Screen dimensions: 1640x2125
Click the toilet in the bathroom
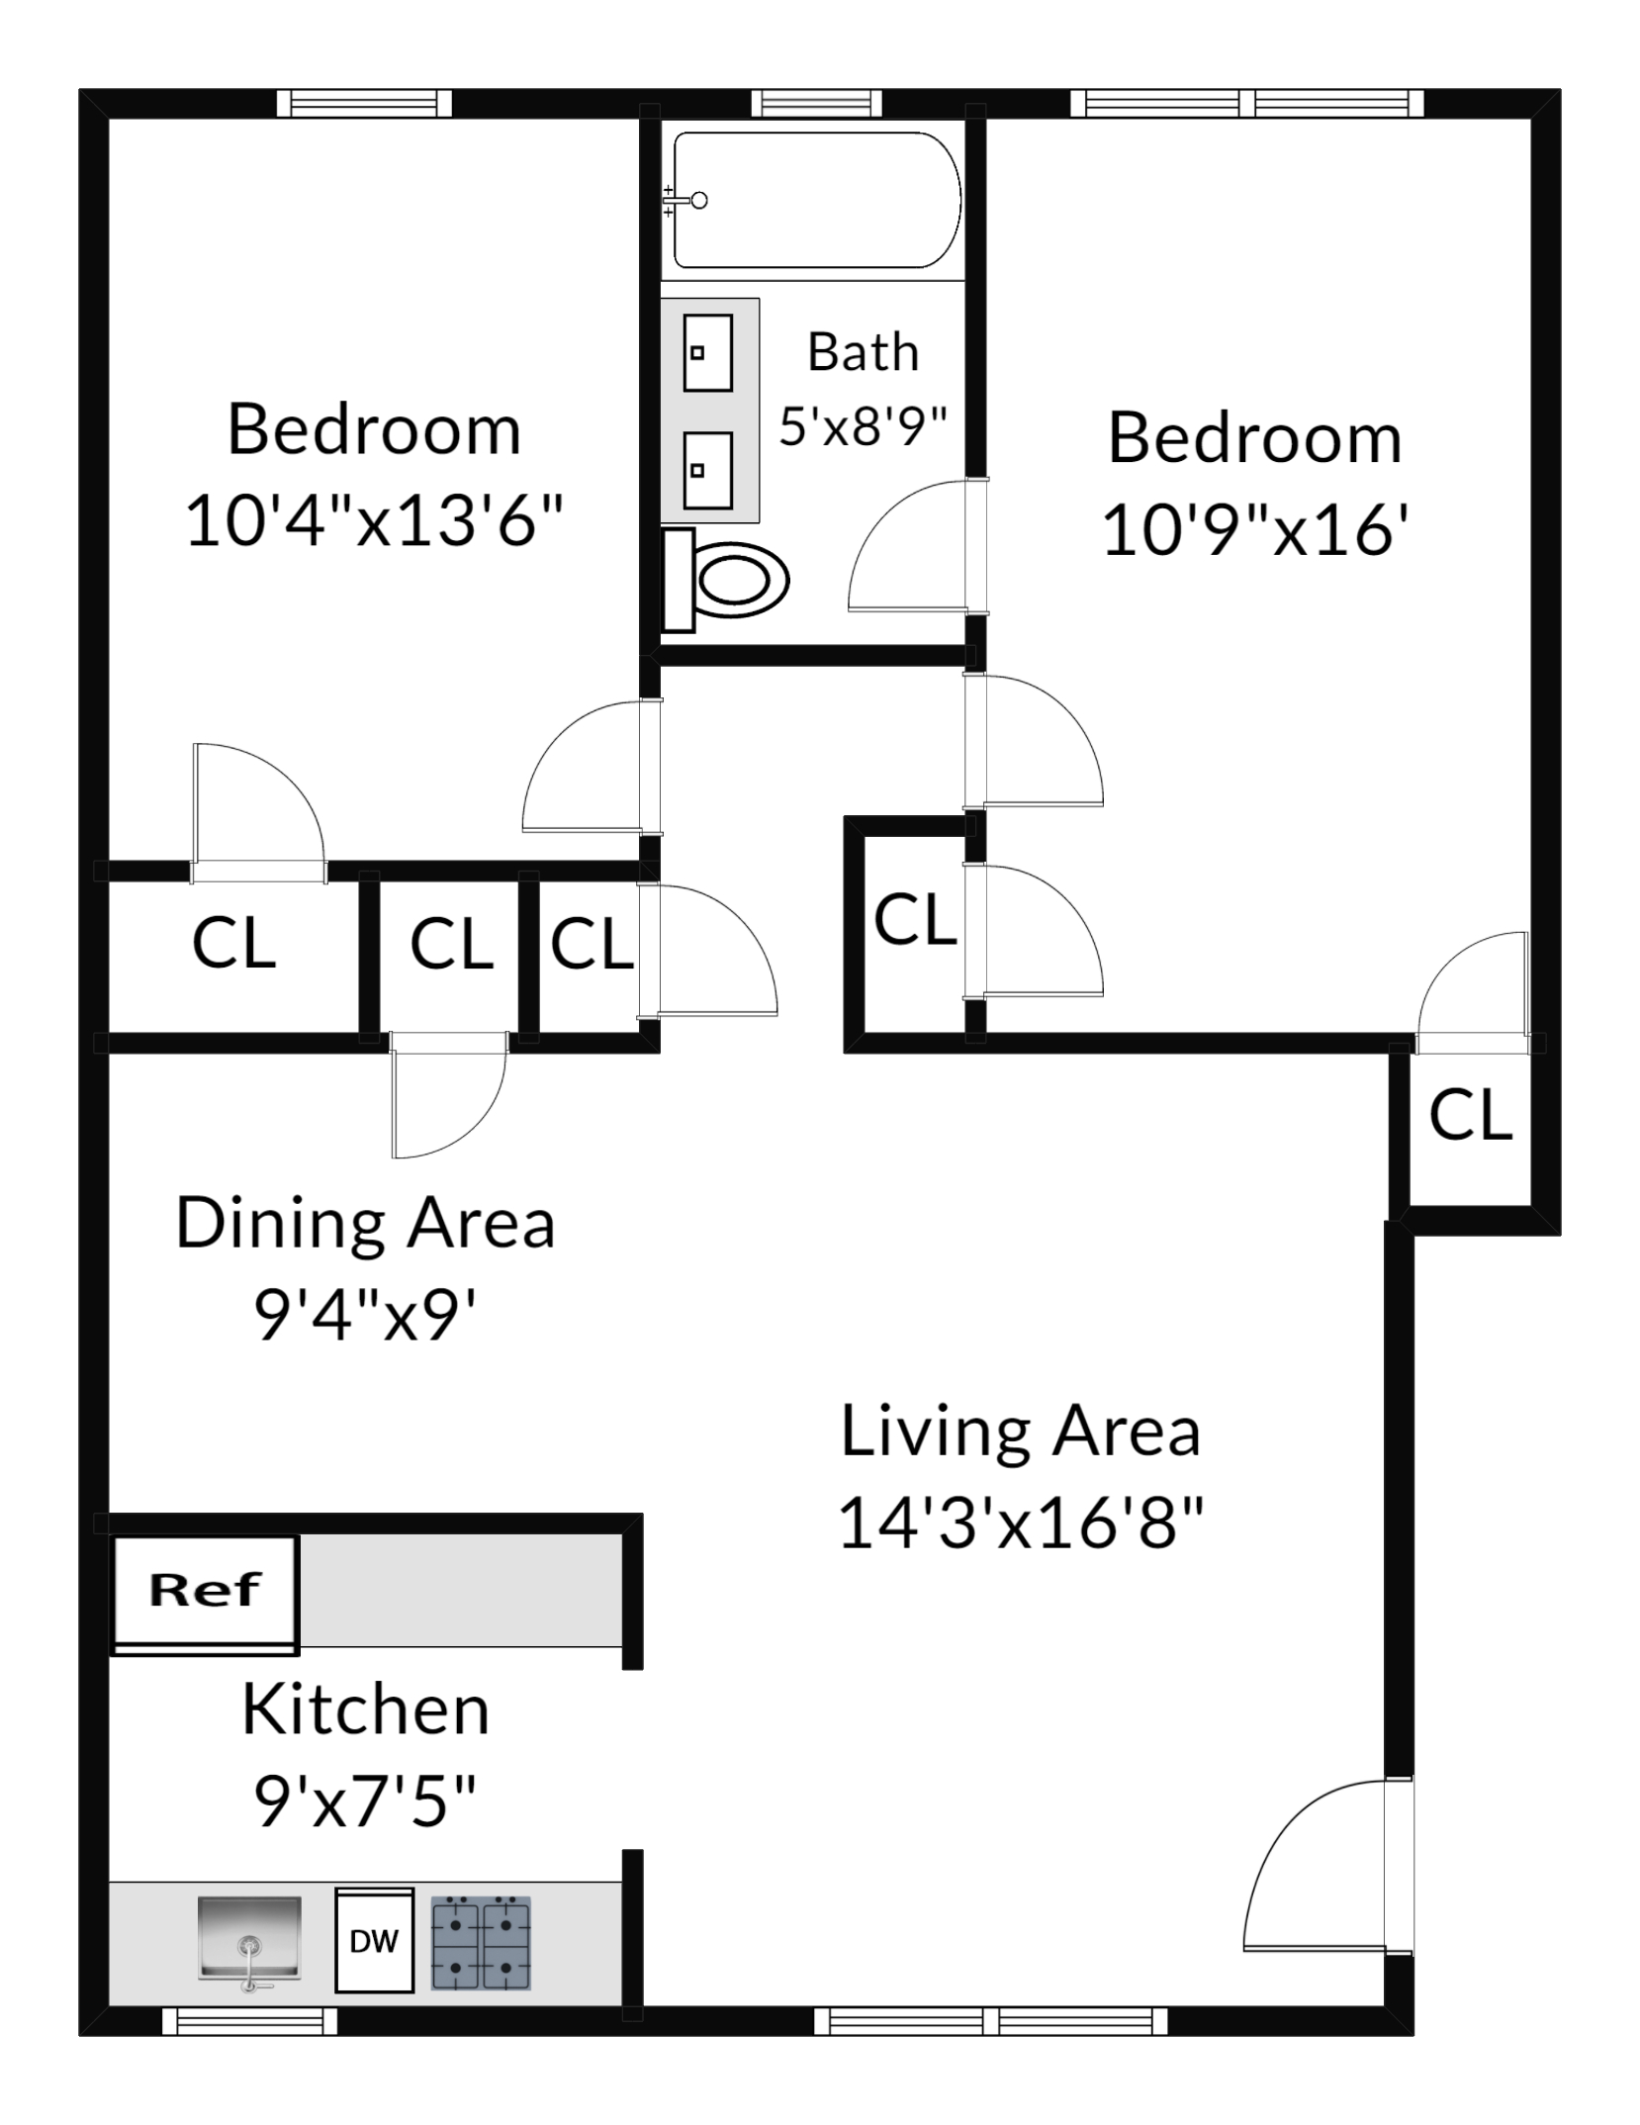click(x=727, y=581)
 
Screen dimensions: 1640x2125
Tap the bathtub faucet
click(x=684, y=201)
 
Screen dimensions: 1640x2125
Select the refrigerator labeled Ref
click(x=205, y=1590)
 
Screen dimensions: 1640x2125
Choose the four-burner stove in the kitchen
click(x=481, y=1942)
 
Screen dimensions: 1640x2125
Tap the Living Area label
click(x=1020, y=1432)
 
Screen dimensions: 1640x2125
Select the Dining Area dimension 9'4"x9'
click(x=365, y=1314)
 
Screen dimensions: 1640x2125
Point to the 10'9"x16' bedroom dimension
click(x=1255, y=529)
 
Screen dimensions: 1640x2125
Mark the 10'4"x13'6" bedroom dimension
click(x=374, y=520)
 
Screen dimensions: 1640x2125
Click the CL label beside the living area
click(x=1470, y=1114)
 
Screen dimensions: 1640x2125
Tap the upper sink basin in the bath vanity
click(x=707, y=352)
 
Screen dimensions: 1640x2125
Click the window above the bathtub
click(x=815, y=103)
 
